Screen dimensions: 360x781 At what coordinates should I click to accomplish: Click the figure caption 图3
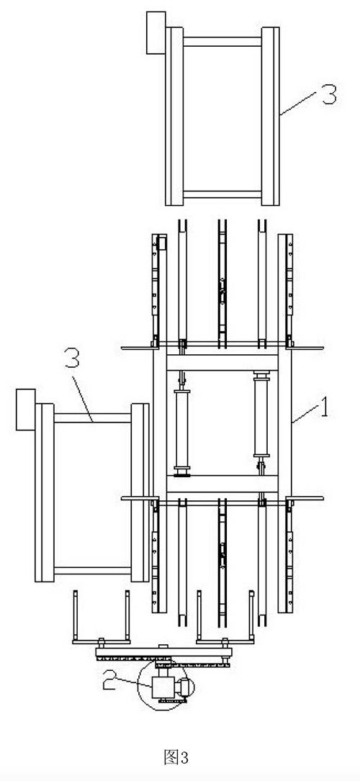point(176,757)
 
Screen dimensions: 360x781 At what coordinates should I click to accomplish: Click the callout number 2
point(111,680)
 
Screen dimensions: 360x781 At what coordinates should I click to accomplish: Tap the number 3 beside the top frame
point(328,94)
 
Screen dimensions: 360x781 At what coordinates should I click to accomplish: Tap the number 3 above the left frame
point(73,358)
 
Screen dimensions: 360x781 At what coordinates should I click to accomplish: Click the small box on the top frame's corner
point(156,33)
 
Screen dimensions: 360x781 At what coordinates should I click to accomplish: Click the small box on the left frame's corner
point(26,410)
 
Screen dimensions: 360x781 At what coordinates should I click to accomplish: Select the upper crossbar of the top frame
point(222,42)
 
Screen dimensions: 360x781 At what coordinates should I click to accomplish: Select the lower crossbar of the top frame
point(222,194)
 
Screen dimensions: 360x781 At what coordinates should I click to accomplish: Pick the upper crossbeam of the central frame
point(222,363)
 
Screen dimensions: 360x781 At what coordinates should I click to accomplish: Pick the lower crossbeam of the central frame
point(222,483)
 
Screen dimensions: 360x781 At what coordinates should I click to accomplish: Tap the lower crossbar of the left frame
point(93,570)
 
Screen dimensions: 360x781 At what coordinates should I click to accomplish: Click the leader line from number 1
point(305,415)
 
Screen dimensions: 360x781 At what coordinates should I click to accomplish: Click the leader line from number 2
point(136,682)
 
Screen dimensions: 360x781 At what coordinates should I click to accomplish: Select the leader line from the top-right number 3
point(300,104)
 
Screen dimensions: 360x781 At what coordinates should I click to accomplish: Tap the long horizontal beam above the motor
point(164,652)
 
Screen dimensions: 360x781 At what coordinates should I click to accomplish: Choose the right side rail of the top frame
point(271,116)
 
